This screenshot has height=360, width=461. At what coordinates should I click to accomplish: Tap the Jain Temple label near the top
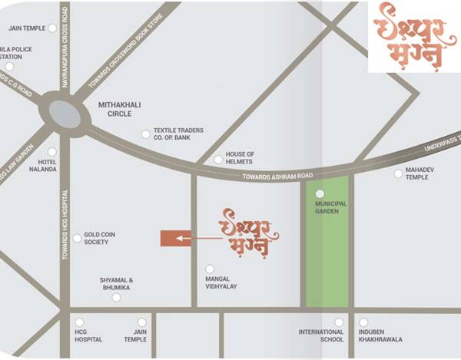(26, 28)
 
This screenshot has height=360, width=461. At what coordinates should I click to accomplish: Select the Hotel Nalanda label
(43, 165)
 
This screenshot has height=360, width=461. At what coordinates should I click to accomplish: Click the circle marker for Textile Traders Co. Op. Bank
(145, 134)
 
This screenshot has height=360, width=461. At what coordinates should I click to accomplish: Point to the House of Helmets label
(240, 158)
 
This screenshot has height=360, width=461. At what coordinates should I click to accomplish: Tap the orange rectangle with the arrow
(176, 239)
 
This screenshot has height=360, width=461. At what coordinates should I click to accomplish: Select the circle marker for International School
(339, 322)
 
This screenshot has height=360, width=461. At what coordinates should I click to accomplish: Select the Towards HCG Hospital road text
(65, 223)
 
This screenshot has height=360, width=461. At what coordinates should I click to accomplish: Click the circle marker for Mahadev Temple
(398, 173)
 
